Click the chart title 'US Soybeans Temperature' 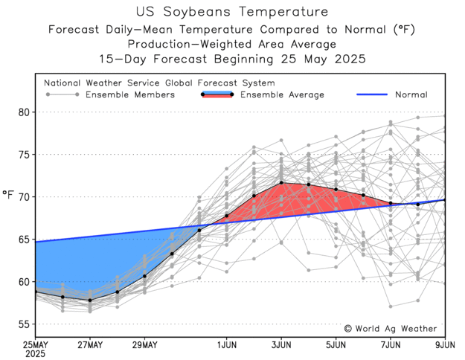click(232, 12)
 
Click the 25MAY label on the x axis click(36, 344)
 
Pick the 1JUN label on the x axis click(227, 344)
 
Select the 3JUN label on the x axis click(281, 344)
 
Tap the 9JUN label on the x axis click(444, 344)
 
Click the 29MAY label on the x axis click(144, 344)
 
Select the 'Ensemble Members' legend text click(130, 95)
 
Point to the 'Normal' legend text click(411, 95)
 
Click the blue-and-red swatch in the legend click(217, 94)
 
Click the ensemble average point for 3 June click(281, 182)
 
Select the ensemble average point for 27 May click(90, 300)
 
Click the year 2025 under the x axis click(36, 354)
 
